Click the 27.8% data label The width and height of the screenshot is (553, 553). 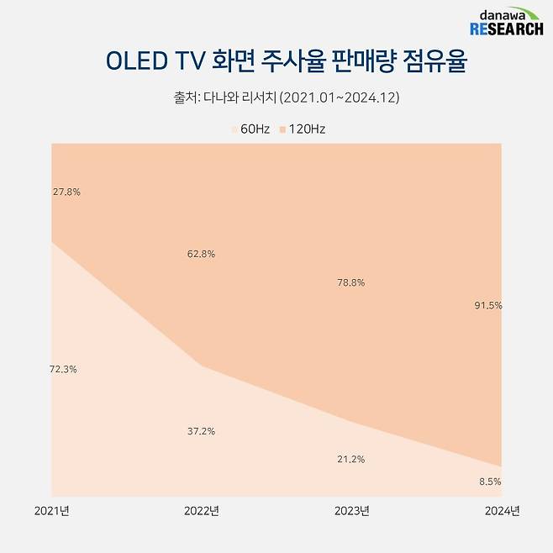point(66,192)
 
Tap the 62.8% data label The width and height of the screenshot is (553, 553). point(201,254)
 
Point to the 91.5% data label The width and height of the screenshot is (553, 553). point(488,306)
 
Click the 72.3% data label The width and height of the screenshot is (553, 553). point(64,369)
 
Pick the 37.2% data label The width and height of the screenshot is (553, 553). point(201,431)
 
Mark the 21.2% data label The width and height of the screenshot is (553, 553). point(350,459)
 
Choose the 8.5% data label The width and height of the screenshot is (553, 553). point(490,482)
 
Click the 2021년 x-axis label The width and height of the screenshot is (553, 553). point(51,510)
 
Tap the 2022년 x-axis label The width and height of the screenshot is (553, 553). point(201,510)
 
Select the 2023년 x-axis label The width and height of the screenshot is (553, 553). point(351,510)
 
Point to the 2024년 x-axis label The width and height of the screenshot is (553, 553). point(503,510)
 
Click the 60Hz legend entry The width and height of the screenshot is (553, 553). point(250,129)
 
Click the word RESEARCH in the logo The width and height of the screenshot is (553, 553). point(506,30)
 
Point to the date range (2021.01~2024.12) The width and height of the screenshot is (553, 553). point(340,97)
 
